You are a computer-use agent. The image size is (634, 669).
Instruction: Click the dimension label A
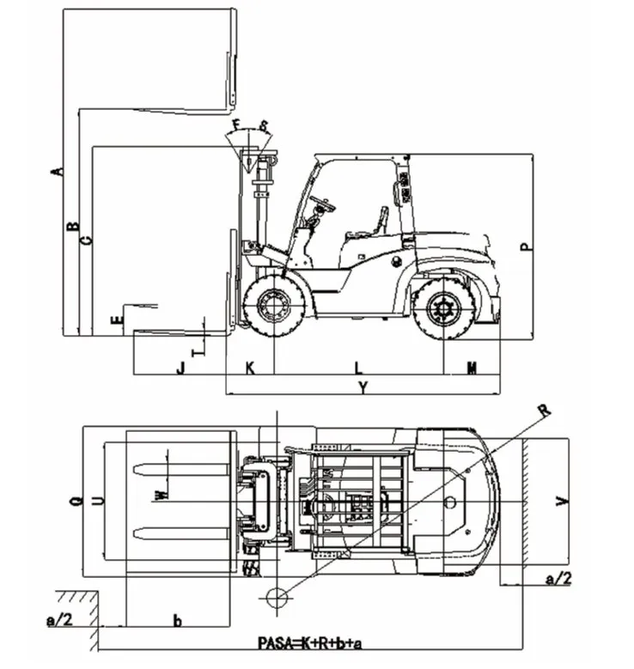point(58,170)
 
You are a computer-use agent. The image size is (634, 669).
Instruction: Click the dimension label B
point(73,228)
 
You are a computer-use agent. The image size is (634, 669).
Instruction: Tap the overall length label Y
point(363,388)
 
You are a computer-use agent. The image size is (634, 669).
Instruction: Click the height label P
point(526,246)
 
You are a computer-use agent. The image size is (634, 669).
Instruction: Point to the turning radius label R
point(543,410)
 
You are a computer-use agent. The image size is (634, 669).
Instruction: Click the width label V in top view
point(561,502)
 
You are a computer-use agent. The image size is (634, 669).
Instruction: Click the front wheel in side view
point(274,305)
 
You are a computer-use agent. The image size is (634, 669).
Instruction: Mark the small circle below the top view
point(277,597)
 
